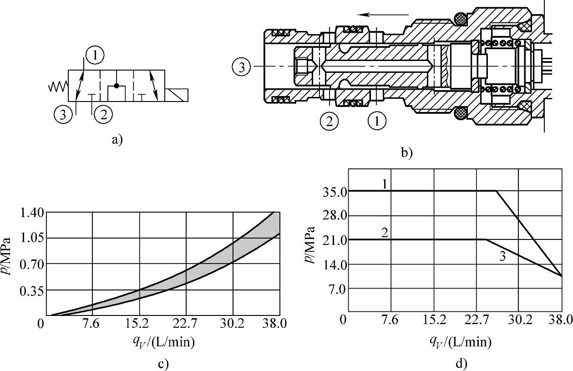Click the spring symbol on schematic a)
point(58,86)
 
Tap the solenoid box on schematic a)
point(177,95)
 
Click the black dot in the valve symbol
point(117,86)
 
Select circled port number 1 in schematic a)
point(95,55)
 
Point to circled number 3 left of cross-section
point(242,67)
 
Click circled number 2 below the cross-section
point(329,121)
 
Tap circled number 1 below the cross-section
point(377,121)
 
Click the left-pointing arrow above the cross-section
point(383,15)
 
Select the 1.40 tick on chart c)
point(32,213)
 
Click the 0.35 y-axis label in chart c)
point(32,291)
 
